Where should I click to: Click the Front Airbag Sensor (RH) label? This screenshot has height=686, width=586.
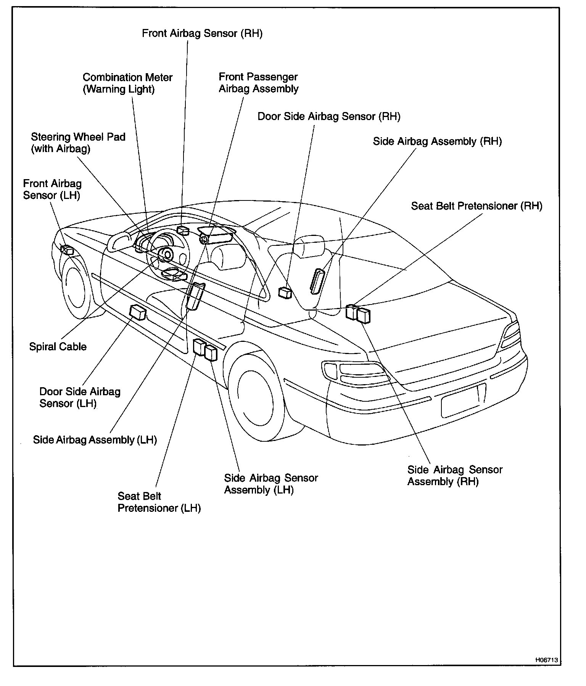202,34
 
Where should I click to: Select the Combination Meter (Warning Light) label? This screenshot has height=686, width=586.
127,83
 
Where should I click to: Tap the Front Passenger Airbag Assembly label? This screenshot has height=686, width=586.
258,83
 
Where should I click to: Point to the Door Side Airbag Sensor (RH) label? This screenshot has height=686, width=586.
329,117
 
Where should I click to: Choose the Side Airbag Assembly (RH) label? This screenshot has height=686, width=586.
437,141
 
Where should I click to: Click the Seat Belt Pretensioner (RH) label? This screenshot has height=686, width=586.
477,206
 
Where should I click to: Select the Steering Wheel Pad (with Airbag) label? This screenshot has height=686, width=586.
78,143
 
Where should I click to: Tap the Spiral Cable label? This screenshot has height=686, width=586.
58,347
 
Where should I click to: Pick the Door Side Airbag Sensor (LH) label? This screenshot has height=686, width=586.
80,397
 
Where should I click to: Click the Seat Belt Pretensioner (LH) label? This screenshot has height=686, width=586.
159,502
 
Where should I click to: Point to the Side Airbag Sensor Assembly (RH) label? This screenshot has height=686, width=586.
455,476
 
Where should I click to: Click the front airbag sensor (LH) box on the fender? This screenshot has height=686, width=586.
67,250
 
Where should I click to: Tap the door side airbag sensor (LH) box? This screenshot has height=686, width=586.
138,313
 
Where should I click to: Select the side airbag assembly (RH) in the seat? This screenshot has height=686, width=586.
317,281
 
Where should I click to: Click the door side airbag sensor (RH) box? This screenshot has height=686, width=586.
285,293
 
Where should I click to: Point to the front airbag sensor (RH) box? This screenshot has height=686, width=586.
183,230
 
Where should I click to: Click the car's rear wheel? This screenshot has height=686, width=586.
255,395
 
